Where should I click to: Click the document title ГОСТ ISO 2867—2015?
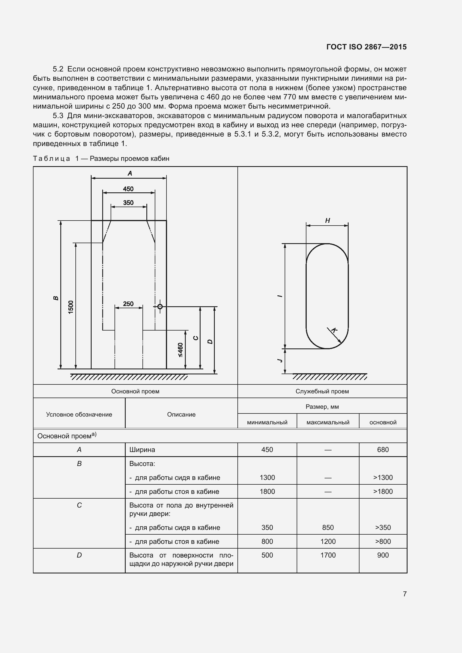pos(366,47)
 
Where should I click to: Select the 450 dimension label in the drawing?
pos(128,189)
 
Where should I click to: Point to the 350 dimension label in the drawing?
pos(128,202)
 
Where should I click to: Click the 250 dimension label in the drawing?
pos(128,304)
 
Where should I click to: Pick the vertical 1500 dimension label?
pos(71,307)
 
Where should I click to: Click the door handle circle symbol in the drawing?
pos(160,307)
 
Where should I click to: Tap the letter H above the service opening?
pos(327,221)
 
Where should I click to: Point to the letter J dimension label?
pos(280,360)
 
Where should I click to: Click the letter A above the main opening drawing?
pos(130,173)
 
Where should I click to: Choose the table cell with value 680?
pos(383,450)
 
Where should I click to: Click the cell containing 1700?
pos(328,555)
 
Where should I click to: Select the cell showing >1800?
pos(383,491)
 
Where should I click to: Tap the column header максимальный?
pos(328,422)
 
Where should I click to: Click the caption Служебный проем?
pos(322,391)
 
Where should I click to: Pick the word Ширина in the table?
pos(142,450)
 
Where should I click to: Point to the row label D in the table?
pos(79,555)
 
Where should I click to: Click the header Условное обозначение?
pos(79,414)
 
